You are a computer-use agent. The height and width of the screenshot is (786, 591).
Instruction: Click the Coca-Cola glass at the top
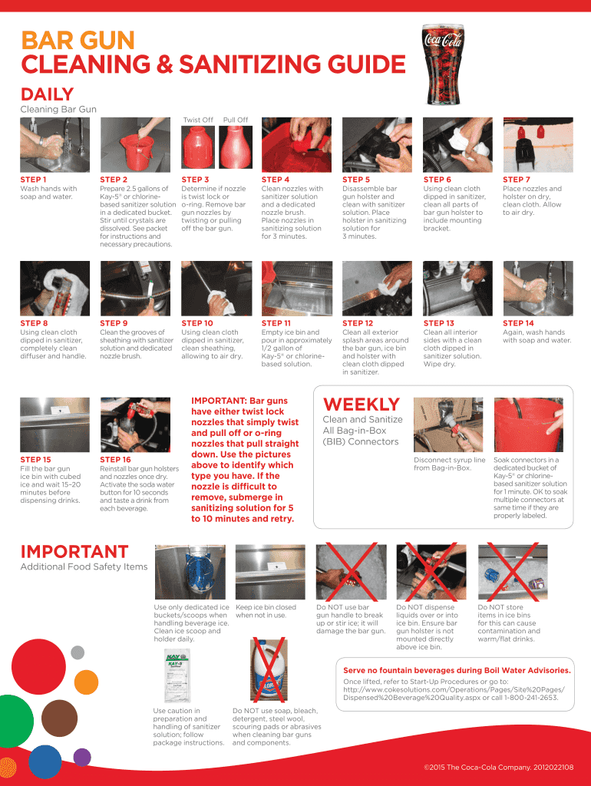443,64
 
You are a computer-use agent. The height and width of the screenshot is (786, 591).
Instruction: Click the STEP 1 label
33,180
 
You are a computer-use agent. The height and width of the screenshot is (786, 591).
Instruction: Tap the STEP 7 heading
517,180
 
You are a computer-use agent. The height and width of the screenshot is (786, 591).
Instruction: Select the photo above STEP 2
135,145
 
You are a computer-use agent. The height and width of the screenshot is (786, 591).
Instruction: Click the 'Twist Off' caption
198,120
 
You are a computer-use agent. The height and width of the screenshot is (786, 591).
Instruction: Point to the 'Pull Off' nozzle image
236,147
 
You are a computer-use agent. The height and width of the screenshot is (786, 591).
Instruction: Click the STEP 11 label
276,323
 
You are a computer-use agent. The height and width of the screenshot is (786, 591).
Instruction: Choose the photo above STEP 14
538,289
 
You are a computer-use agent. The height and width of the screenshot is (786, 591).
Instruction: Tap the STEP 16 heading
115,460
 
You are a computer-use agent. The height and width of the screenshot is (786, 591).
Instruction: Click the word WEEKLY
362,405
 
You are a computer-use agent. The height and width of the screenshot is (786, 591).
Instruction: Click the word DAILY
47,94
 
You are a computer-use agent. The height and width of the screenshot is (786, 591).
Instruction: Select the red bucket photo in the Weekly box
528,424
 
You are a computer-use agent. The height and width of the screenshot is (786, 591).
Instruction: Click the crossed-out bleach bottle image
268,669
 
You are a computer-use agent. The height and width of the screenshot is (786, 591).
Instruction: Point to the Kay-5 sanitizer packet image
177,675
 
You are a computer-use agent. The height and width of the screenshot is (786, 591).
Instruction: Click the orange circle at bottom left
86,682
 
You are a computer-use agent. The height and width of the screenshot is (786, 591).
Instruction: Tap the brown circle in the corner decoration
59,718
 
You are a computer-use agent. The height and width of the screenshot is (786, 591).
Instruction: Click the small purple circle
82,757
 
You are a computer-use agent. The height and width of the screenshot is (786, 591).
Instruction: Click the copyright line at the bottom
498,767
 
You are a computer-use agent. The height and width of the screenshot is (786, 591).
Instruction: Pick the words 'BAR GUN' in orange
78,41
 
